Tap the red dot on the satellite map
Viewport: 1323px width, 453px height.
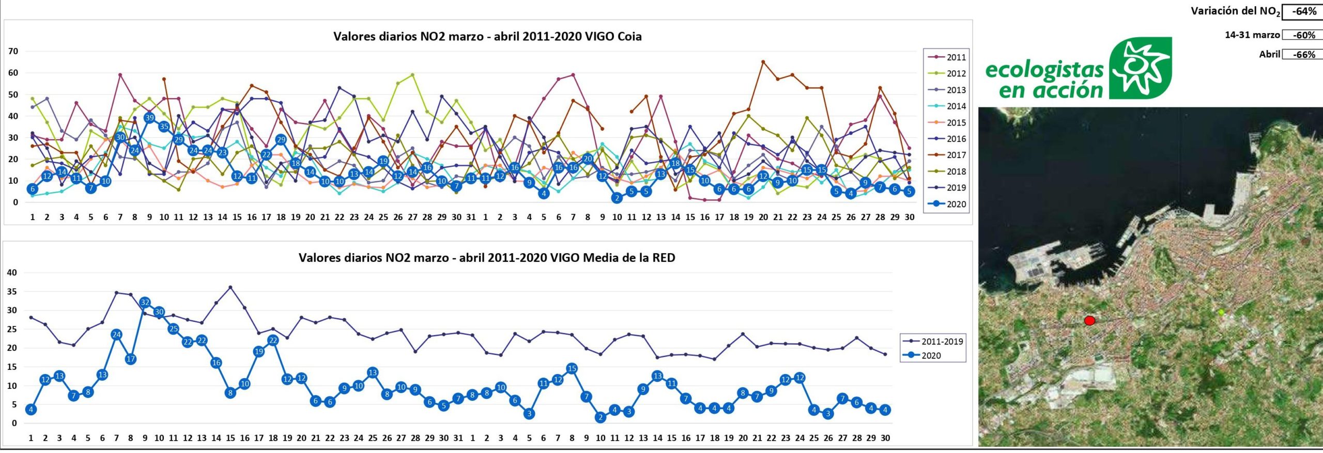point(1089,321)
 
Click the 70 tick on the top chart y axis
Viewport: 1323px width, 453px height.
point(13,51)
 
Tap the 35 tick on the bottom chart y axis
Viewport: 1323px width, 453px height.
point(11,292)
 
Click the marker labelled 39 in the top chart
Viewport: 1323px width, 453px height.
point(149,118)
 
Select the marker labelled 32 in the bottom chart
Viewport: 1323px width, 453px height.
point(145,302)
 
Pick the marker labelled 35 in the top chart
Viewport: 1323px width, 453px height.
point(164,127)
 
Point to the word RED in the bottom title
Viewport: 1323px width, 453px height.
point(664,258)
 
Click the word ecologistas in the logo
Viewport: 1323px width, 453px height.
point(1044,70)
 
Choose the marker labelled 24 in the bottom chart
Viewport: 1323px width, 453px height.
point(116,335)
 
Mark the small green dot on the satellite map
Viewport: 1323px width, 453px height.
point(1221,312)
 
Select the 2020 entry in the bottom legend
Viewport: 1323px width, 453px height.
point(931,355)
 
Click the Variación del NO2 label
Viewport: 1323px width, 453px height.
point(1235,11)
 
